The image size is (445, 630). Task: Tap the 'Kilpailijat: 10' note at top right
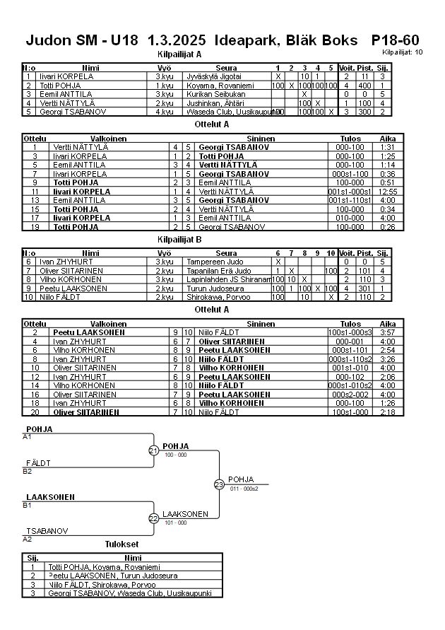(x=403, y=52)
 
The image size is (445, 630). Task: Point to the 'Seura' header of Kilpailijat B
(x=226, y=253)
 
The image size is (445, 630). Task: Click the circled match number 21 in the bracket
(x=153, y=450)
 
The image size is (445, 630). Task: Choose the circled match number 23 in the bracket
(x=219, y=484)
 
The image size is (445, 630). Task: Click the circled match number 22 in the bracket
(x=153, y=518)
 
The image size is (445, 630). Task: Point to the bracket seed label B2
(x=27, y=471)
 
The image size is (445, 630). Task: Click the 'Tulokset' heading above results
(x=121, y=544)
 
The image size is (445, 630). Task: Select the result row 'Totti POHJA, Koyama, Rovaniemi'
(x=103, y=567)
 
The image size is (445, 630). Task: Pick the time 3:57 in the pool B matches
(x=388, y=332)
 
